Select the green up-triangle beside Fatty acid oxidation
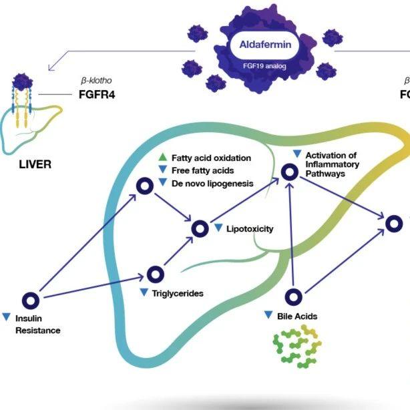pos(162,158)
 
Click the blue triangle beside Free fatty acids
pos(162,170)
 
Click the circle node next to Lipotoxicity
pos(200,228)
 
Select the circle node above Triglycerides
pos(155,274)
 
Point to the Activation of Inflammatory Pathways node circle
pos(289,172)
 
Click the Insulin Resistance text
pos(37,325)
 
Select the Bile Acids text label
pos(297,315)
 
